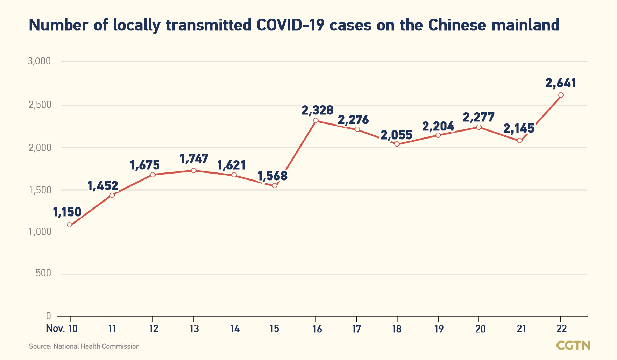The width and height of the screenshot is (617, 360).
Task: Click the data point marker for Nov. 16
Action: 315,121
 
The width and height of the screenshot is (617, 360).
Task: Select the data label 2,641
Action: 560,83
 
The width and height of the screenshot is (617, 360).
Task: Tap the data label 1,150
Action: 67,212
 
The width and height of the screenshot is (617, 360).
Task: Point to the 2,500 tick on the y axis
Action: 39,105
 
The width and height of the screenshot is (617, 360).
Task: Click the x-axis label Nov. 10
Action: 62,329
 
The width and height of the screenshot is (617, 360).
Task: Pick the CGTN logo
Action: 573,345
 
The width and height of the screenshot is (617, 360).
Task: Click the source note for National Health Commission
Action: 84,346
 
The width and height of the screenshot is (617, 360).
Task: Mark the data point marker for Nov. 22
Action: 561,95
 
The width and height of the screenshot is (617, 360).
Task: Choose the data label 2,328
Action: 317,111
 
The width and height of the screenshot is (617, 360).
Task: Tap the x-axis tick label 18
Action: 397,329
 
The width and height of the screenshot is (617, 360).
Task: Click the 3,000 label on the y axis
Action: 39,61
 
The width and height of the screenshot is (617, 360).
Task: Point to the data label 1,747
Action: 194,159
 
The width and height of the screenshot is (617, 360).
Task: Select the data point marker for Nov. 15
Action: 275,185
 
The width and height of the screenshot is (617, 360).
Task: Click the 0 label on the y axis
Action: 48,316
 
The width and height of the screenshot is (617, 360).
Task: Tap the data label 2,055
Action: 396,135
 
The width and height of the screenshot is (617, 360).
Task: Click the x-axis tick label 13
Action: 194,329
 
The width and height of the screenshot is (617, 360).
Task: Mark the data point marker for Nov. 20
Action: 478,127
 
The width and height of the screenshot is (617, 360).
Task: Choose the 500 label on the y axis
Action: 43,273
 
